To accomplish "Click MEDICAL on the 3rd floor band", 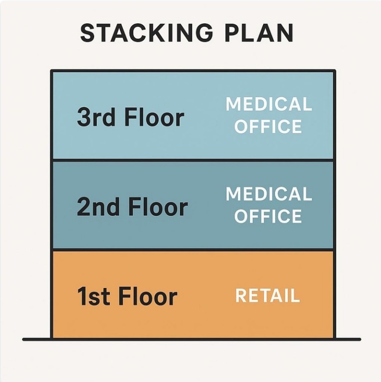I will tap(269, 104).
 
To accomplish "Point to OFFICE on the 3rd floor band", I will tap(269, 126).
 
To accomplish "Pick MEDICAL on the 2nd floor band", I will tap(269, 194).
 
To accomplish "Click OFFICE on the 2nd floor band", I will tap(269, 216).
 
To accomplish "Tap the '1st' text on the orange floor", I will tap(93, 296).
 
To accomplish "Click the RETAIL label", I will tap(268, 296).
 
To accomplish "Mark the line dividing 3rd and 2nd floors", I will tap(193, 160).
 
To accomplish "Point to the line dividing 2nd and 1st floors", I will tap(193, 250).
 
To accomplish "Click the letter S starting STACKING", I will tap(88, 33).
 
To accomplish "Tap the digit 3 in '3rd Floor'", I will tap(84, 117).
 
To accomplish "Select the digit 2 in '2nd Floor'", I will tap(84, 206).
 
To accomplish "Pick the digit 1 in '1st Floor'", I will tap(82, 296).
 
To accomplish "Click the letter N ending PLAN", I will tap(285, 33).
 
